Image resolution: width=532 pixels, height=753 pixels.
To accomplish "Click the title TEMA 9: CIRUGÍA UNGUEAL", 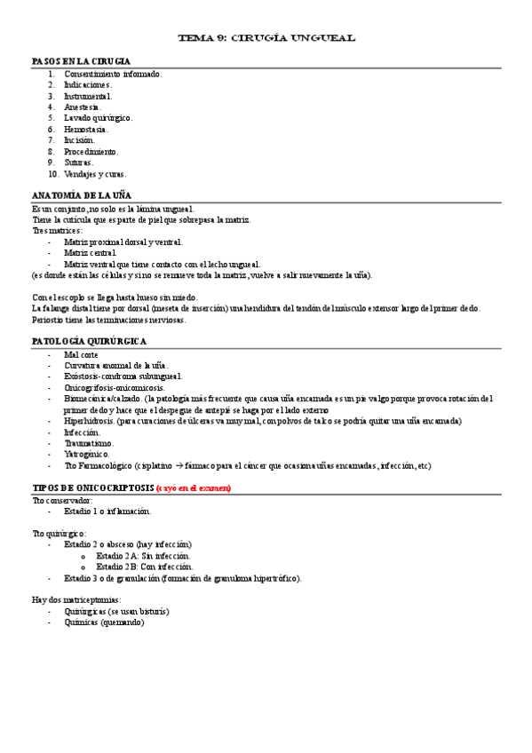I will click(266, 38).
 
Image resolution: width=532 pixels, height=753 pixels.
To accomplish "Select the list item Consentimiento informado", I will click(112, 74).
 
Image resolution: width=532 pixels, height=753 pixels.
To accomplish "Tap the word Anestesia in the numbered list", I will click(83, 107).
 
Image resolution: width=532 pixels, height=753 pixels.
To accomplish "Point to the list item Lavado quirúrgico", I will click(98, 117).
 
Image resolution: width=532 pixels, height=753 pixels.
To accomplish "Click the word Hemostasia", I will click(85, 129).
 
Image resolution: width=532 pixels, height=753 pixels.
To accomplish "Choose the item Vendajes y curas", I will click(95, 173).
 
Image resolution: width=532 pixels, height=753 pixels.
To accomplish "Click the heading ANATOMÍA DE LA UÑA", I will click(81, 194).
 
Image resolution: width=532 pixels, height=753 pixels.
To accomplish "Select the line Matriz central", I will click(90, 253).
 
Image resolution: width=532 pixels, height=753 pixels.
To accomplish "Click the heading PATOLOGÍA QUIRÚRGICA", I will click(89, 341).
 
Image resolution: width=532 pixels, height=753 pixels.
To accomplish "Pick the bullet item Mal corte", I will click(81, 354).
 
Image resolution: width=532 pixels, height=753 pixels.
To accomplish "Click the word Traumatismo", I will click(89, 443).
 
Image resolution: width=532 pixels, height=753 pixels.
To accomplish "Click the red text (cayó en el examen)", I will click(193, 487).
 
